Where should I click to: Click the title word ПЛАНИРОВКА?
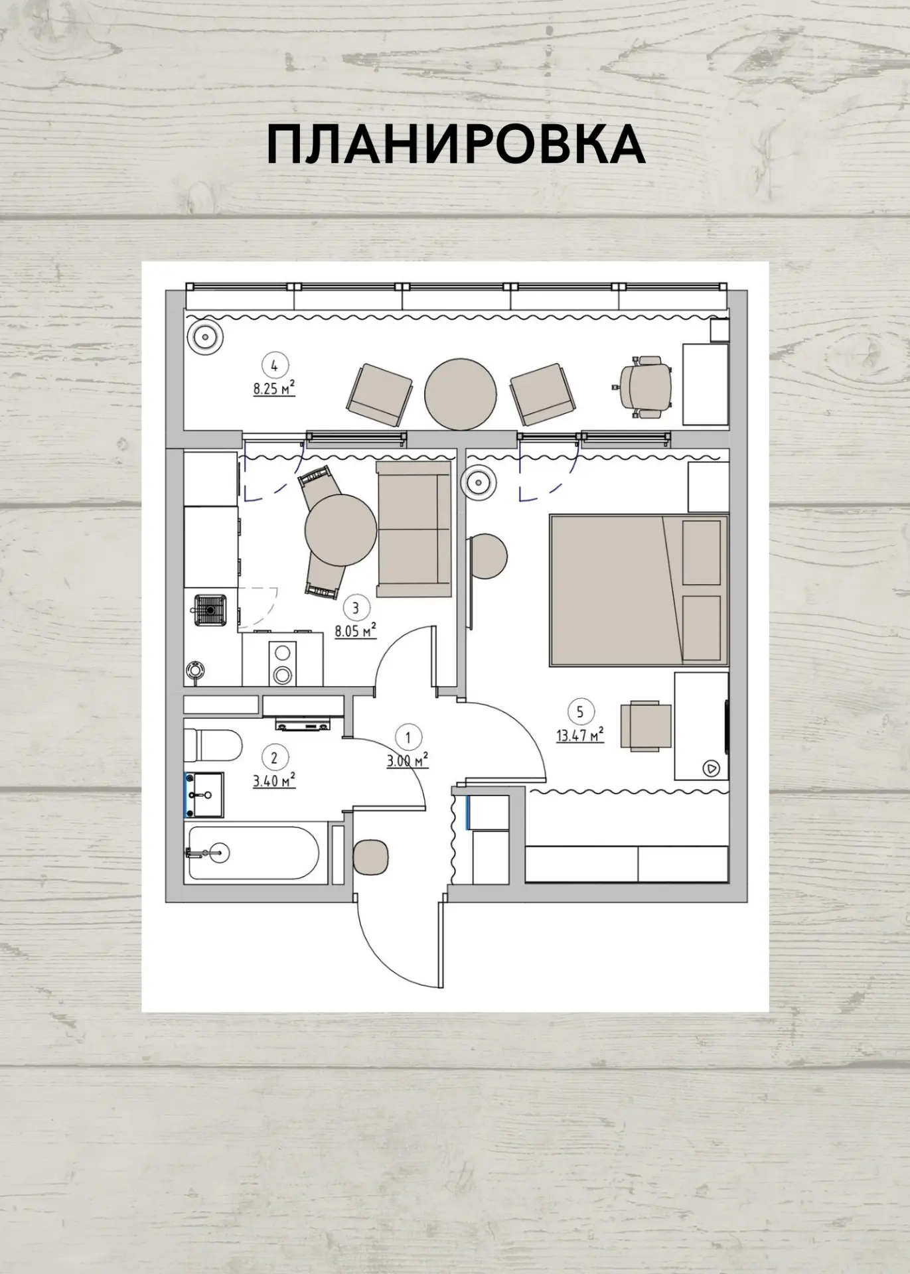point(456,145)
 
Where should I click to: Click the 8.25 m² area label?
point(273,388)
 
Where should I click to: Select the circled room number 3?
point(356,607)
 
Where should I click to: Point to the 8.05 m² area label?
point(356,630)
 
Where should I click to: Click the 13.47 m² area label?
point(580,735)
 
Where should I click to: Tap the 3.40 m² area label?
point(274,780)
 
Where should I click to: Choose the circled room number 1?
point(408,737)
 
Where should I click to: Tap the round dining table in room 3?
point(341,529)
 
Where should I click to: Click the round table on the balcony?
point(461,393)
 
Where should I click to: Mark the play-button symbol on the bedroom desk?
point(712,768)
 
